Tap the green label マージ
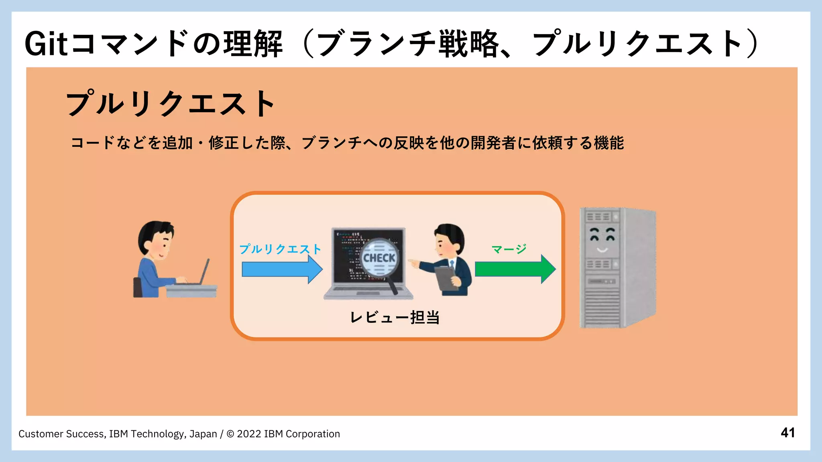[x=509, y=249]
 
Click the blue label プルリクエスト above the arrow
[x=280, y=249]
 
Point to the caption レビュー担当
[x=395, y=318]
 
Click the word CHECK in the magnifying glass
[x=379, y=258]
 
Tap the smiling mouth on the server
[x=602, y=250]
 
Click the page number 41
[x=787, y=433]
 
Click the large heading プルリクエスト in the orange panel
[x=171, y=103]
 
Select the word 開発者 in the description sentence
[x=493, y=143]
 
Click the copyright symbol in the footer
[x=230, y=434]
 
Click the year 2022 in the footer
[x=249, y=434]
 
